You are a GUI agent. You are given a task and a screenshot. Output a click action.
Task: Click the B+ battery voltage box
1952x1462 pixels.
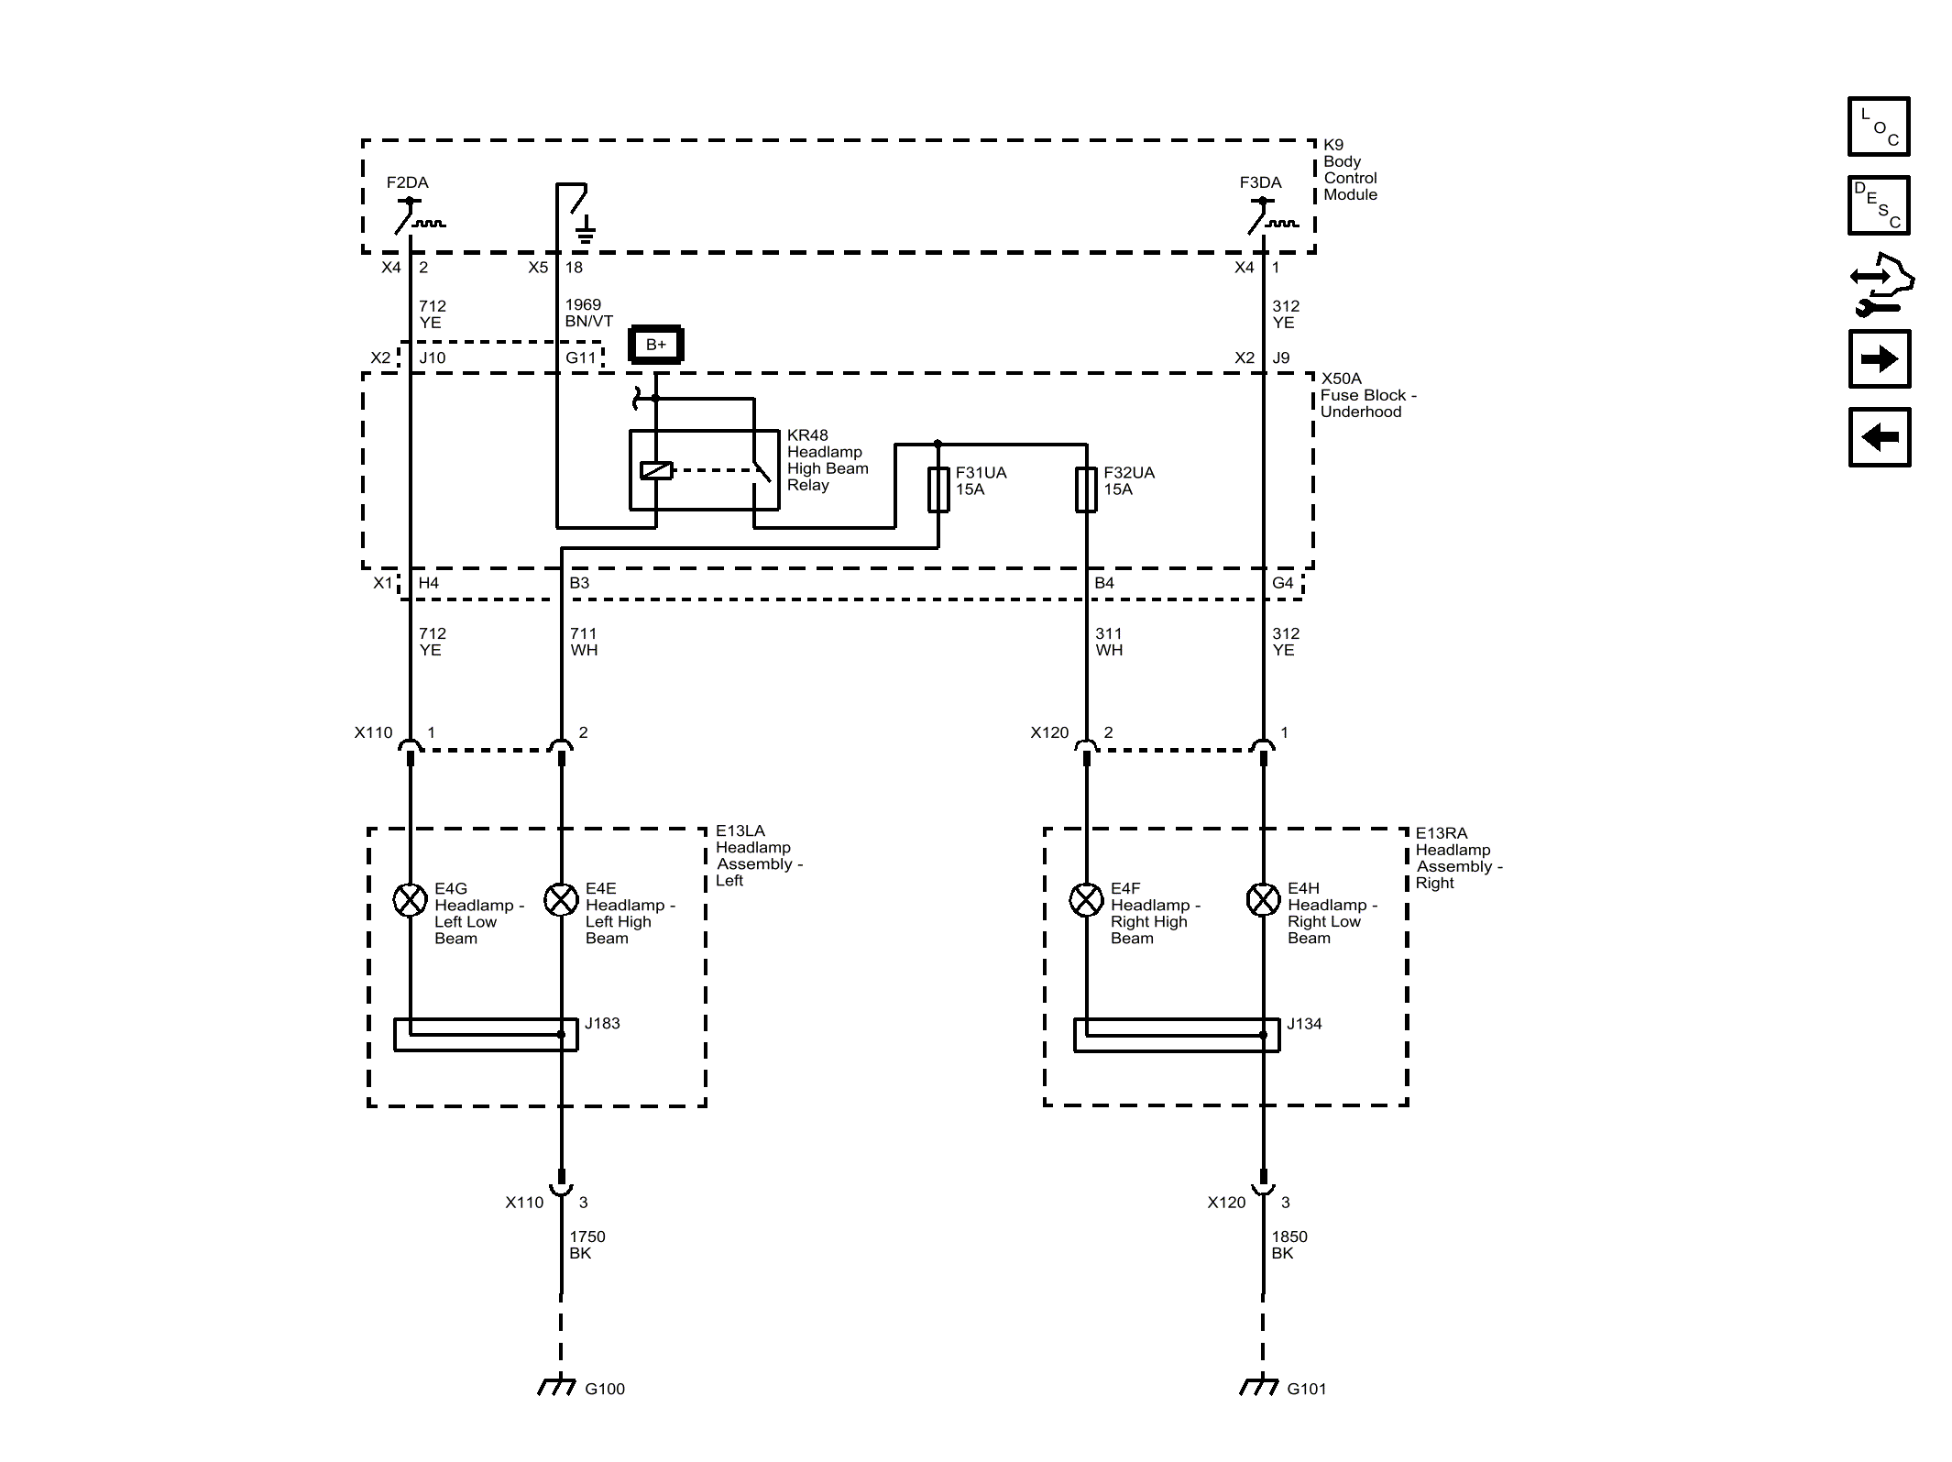[x=655, y=345]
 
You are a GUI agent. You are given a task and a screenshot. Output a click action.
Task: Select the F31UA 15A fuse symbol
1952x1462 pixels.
[x=938, y=489]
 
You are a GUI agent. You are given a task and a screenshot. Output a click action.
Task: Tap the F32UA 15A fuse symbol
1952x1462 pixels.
[x=1086, y=489]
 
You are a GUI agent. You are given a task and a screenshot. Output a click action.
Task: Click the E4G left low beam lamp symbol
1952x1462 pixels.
[x=410, y=900]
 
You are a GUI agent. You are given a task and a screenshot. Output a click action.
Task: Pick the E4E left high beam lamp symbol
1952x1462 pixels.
[x=561, y=900]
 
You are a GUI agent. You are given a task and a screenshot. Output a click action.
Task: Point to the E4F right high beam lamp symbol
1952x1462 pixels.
[x=1086, y=900]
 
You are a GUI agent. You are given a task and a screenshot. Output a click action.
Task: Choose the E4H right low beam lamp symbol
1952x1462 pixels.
[x=1263, y=900]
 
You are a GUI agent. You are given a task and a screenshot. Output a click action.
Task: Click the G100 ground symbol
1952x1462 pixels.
[x=556, y=1386]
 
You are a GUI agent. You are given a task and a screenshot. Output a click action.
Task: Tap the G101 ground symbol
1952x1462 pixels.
[x=1258, y=1386]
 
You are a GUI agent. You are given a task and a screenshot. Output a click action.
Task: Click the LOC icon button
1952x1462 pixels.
[x=1879, y=126]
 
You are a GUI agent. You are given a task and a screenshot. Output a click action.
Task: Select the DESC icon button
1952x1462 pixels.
[x=1879, y=205]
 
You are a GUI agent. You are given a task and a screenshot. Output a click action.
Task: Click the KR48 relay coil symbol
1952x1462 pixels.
[x=656, y=470]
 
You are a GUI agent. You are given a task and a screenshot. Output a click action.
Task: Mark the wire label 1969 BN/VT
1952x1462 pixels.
[x=589, y=313]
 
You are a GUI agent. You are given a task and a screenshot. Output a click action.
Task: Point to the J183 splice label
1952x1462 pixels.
[x=602, y=1023]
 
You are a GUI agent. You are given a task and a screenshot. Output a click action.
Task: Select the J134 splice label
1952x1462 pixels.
[x=1304, y=1024]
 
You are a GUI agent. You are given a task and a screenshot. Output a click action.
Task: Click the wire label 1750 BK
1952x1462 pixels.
[x=587, y=1245]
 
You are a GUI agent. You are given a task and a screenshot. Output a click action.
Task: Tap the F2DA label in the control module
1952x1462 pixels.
[x=407, y=182]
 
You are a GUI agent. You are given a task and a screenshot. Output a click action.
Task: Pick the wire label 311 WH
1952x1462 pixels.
[x=1109, y=642]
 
